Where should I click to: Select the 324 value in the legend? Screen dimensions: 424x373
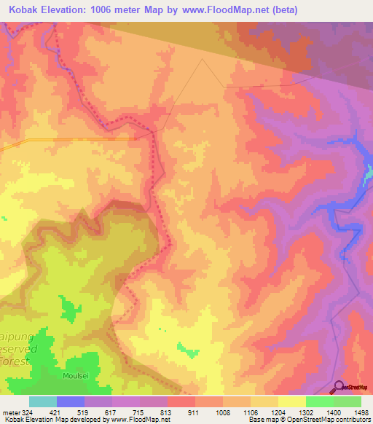[x=23, y=412]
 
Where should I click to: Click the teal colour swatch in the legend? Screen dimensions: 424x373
[x=42, y=401]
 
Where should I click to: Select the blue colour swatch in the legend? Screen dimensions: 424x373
[x=71, y=401]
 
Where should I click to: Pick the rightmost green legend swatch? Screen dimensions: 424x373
[x=347, y=401]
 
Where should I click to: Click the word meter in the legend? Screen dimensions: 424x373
[x=8, y=412]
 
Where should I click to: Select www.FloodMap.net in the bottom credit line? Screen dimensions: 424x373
[x=138, y=420]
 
